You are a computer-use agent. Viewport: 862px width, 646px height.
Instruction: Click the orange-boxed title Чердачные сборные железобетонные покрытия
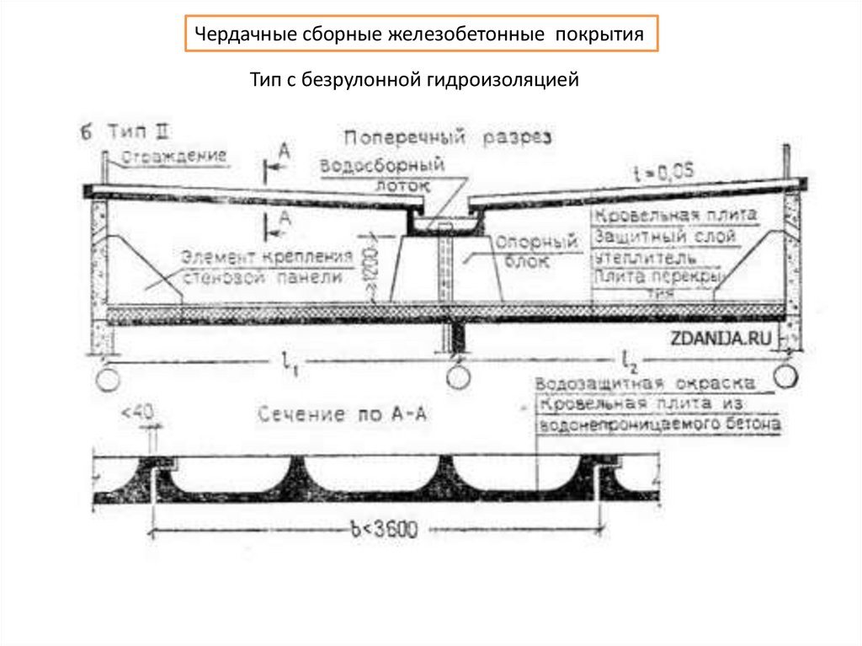coord(420,35)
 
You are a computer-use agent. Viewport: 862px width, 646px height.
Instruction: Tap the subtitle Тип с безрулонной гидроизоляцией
coord(415,81)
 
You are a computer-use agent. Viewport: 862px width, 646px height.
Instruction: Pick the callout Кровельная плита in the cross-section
coord(674,216)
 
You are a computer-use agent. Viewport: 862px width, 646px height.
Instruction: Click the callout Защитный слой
coord(664,237)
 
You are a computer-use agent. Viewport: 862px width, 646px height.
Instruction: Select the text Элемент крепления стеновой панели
coord(263,265)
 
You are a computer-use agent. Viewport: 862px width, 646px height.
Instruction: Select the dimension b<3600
coord(383,530)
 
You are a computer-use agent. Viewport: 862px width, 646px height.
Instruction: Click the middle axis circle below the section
coord(458,376)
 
